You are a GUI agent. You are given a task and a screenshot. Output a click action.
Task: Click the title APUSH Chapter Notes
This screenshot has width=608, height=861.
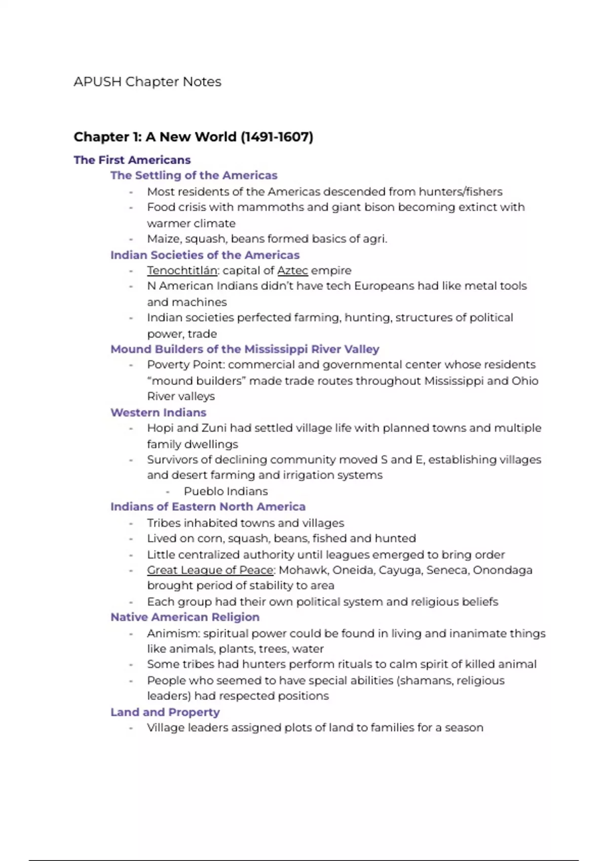[x=147, y=82]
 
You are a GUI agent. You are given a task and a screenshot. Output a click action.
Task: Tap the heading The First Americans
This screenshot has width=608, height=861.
[x=132, y=160]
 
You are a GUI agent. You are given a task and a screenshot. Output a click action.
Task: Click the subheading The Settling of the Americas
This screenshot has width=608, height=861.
[x=194, y=175]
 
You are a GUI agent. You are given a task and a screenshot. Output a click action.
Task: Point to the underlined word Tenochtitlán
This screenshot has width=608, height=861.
[x=182, y=270]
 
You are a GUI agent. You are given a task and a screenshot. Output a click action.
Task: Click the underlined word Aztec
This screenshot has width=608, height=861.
[x=292, y=270]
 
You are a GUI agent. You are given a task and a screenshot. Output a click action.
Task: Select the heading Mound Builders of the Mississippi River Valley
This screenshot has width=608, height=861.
[x=245, y=349]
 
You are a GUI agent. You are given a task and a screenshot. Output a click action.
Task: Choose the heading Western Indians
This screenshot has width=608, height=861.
[x=159, y=412]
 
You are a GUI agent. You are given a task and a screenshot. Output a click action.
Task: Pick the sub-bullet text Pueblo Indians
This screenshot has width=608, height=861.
[x=226, y=491]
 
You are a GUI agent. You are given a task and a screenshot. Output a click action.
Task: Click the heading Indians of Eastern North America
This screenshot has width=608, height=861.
[x=208, y=506]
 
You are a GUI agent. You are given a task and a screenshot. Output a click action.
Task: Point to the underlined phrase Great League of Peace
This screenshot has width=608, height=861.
[x=210, y=570]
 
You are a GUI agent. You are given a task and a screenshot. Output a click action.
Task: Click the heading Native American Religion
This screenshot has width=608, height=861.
[x=185, y=617]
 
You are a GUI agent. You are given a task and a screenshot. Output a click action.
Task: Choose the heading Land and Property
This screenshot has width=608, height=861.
[x=165, y=712]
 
